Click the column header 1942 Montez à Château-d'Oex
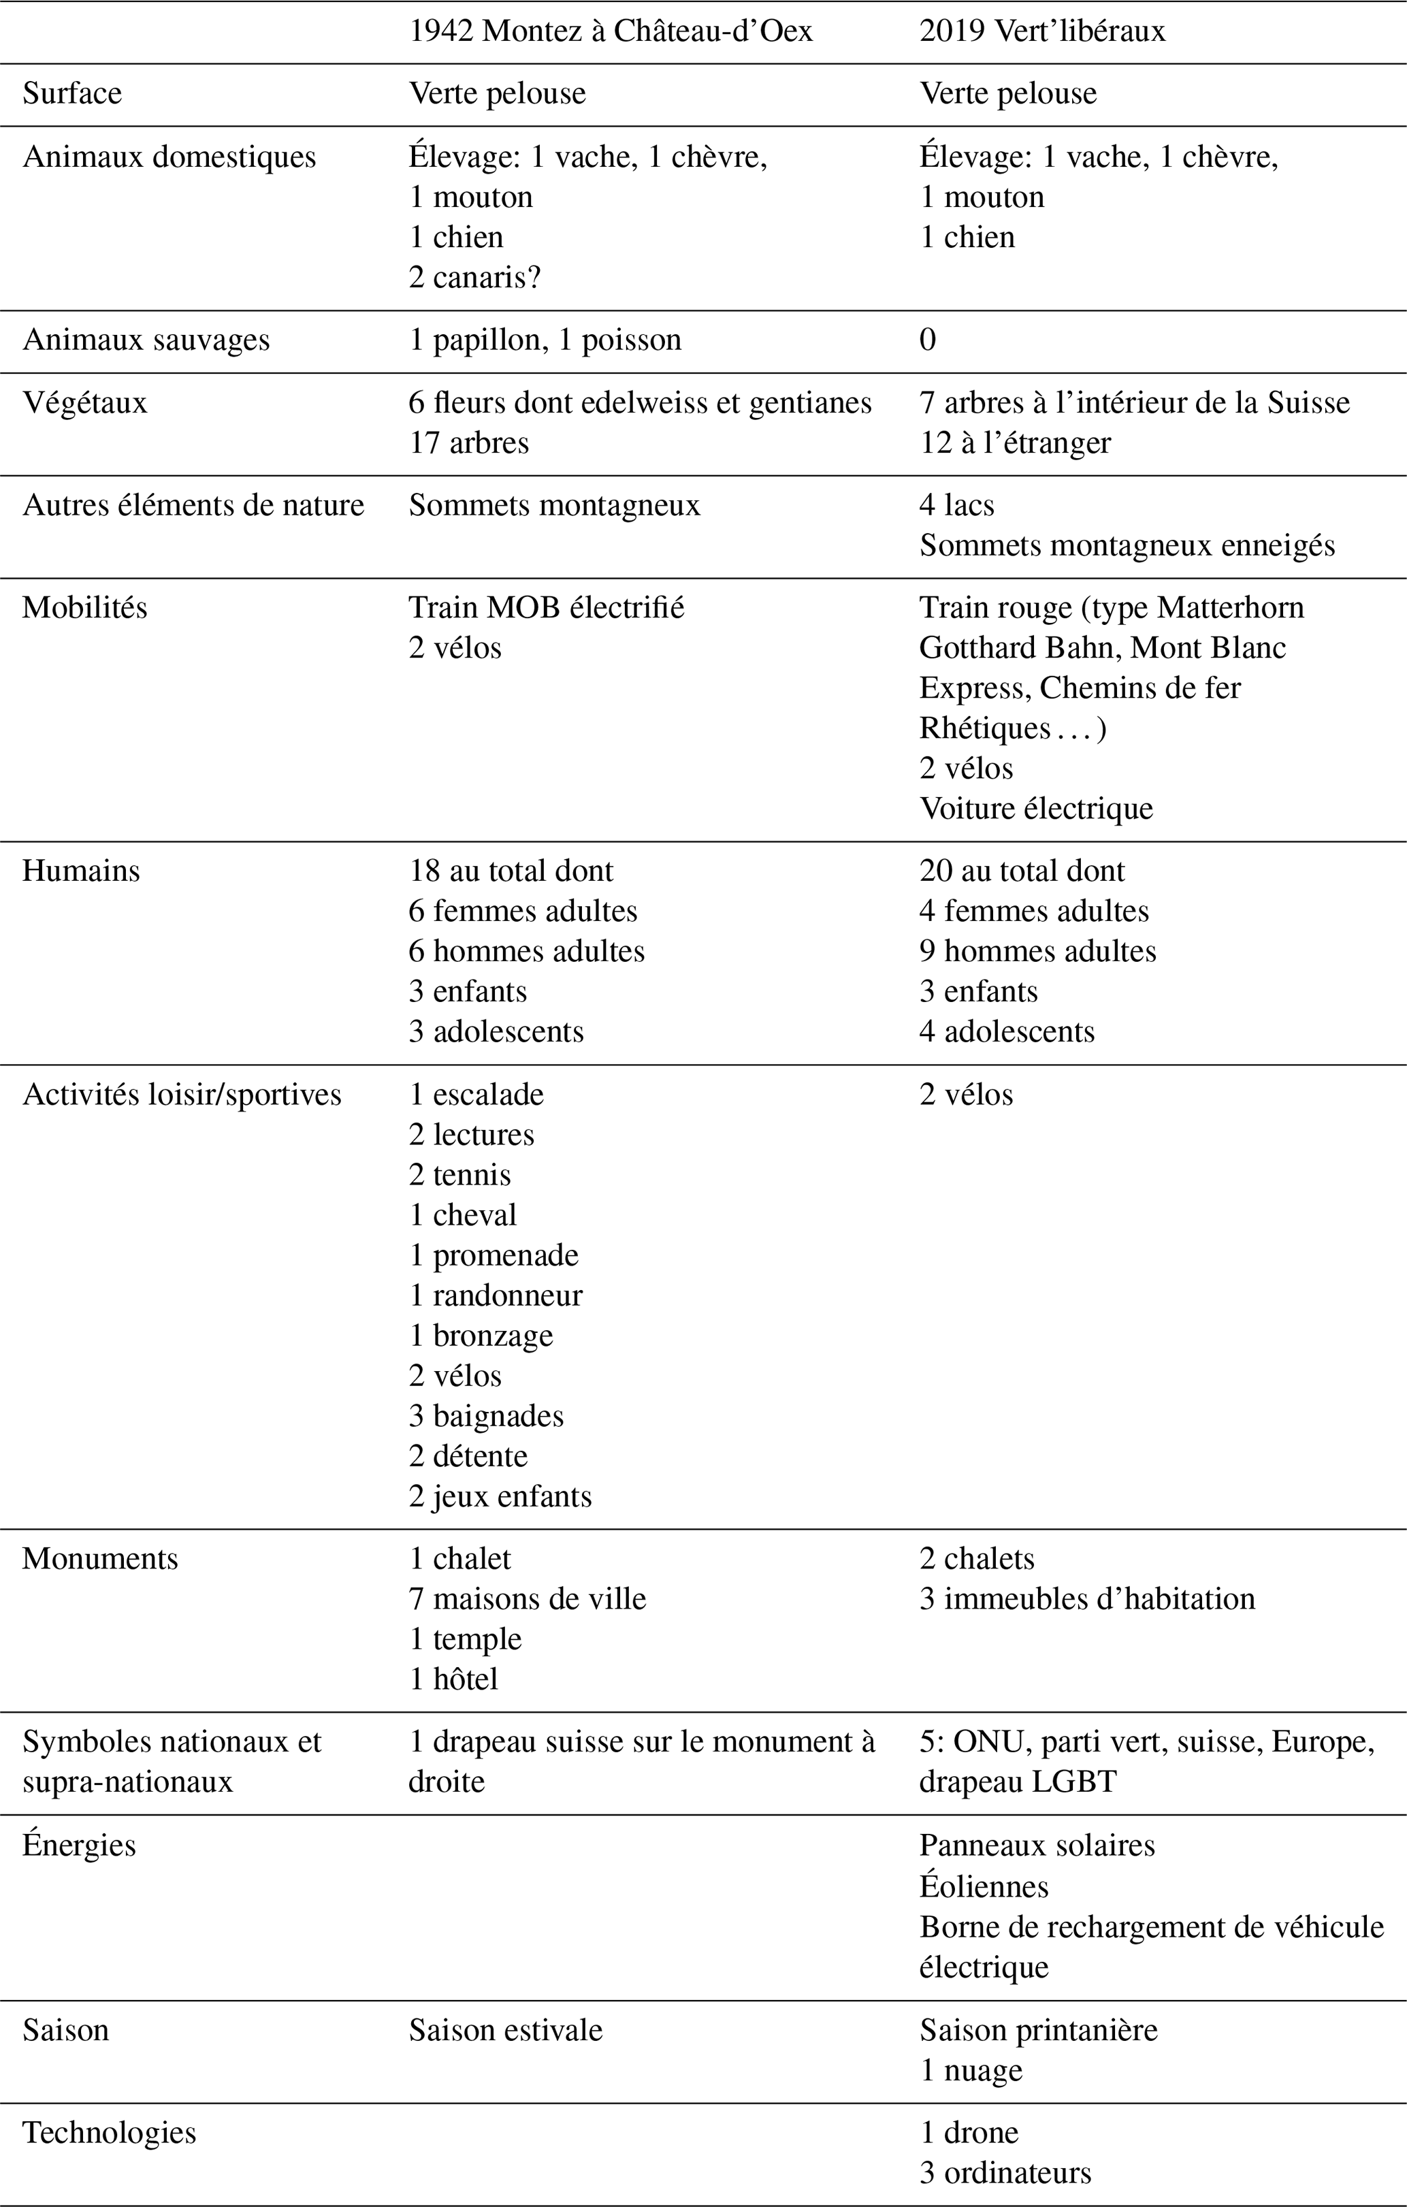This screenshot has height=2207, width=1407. (611, 31)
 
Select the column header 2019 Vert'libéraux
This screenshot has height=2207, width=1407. (1042, 31)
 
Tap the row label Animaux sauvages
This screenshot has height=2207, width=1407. (146, 340)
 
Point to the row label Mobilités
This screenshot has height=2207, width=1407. (84, 608)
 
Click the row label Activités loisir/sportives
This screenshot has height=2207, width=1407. (182, 1095)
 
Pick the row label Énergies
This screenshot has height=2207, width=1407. (79, 1845)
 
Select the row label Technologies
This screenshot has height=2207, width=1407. (109, 2132)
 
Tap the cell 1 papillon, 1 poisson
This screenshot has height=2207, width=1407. (545, 340)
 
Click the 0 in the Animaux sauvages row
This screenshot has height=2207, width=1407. (928, 340)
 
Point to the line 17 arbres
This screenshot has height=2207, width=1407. (468, 442)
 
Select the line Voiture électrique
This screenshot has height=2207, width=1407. (1036, 808)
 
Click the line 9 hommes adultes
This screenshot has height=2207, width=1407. (1037, 952)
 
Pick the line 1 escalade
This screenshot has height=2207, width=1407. (476, 1095)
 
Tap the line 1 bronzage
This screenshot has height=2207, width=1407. (481, 1336)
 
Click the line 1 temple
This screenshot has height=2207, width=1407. (465, 1639)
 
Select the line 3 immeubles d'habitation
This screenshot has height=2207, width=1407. (1087, 1598)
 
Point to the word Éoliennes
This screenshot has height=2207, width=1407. (984, 1886)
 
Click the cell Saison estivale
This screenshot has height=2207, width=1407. (505, 2030)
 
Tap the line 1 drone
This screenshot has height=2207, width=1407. (969, 2132)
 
